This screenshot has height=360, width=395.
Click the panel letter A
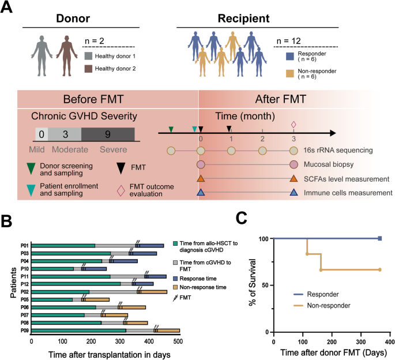click(x=8, y=10)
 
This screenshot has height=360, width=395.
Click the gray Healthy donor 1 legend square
click(x=88, y=56)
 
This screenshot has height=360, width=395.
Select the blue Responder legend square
click(x=291, y=56)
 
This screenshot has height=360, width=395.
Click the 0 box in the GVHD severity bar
click(x=41, y=134)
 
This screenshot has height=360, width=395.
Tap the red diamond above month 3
click(x=294, y=124)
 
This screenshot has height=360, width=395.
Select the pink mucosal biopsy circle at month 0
click(x=201, y=165)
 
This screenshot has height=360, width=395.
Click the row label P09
click(x=25, y=330)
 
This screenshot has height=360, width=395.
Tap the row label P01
click(x=25, y=246)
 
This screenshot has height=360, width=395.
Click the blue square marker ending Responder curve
click(x=379, y=238)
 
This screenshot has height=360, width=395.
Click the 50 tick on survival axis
click(x=264, y=285)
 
